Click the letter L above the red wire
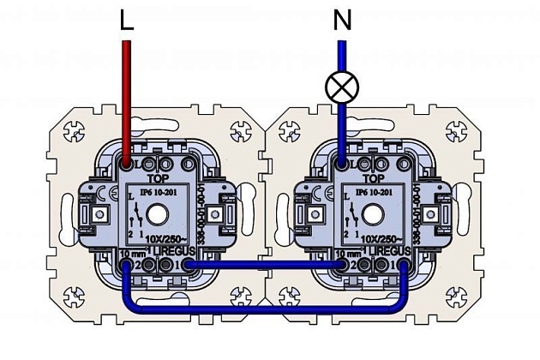pyautogui.click(x=127, y=21)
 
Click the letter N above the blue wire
pyautogui.click(x=342, y=21)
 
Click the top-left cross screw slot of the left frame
pyautogui.click(x=72, y=134)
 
